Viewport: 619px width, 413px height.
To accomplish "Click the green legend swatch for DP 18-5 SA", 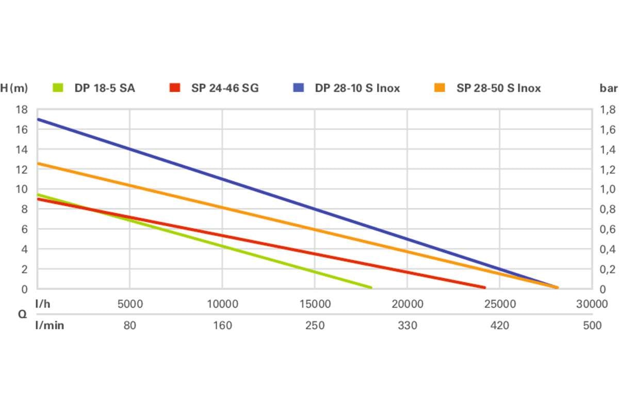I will coord(58,88).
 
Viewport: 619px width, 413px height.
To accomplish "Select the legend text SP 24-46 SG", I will coord(225,88).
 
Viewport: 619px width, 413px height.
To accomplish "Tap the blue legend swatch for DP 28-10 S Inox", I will coord(298,88).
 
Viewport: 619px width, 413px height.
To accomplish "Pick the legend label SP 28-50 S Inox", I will coord(498,88).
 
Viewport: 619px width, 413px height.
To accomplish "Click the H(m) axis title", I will coord(14,88).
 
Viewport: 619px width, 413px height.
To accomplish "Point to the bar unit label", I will coord(608,88).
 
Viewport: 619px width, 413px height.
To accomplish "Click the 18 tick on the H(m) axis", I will coord(22,109).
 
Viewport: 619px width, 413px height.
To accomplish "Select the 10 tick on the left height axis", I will coord(22,189).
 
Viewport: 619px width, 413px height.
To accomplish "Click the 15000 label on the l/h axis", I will coord(315,304).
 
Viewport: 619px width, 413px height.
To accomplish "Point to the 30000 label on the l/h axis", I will coord(592,304).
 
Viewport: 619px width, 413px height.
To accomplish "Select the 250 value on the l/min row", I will coord(315,325).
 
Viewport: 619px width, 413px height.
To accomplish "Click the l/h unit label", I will coord(43,304).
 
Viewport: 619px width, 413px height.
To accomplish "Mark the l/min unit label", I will coord(50,325).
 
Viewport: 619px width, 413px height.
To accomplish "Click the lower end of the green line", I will coord(370,288).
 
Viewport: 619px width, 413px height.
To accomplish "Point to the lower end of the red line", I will coord(484,288).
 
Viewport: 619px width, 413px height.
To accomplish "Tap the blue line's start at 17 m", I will coord(38,119).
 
